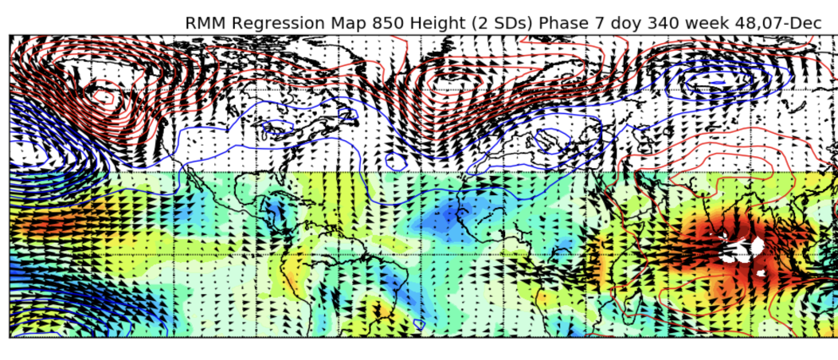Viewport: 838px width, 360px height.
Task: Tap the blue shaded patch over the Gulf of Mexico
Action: point(275,209)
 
